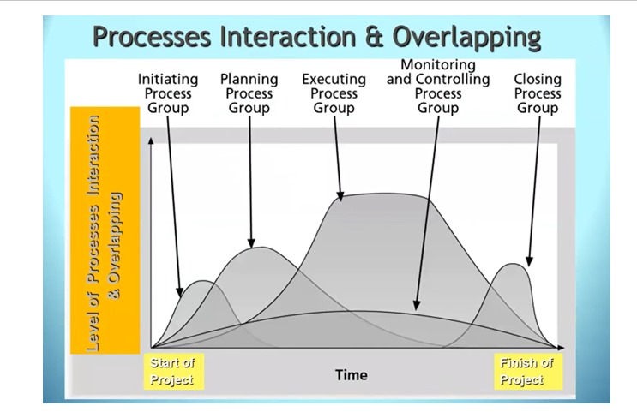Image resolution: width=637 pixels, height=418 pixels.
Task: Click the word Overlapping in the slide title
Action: click(466, 38)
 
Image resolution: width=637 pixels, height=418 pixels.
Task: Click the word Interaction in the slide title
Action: click(288, 37)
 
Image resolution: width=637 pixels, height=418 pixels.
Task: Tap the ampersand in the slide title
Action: click(374, 37)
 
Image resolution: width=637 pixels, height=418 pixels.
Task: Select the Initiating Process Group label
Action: click(168, 93)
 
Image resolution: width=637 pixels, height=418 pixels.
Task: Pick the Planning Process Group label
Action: click(249, 93)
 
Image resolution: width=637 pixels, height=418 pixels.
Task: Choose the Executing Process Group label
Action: click(334, 93)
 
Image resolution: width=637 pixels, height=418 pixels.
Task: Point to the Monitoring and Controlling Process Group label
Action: click(438, 86)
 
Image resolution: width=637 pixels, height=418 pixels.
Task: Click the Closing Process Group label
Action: click(538, 93)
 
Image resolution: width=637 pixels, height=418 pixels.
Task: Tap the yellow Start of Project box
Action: click(174, 372)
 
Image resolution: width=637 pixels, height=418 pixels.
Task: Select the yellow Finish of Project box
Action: click(528, 372)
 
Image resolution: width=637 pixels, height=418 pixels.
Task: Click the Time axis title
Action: click(352, 375)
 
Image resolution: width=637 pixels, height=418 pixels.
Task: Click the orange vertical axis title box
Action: click(105, 230)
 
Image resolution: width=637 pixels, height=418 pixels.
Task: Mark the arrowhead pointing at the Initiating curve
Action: click(179, 293)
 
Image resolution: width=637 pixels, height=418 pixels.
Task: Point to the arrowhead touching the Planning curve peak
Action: click(251, 242)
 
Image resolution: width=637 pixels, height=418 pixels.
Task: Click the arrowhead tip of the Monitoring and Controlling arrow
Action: click(416, 310)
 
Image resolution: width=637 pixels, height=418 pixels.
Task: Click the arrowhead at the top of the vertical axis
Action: click(151, 140)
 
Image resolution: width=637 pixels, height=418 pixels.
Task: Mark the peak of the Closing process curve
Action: click(513, 264)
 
